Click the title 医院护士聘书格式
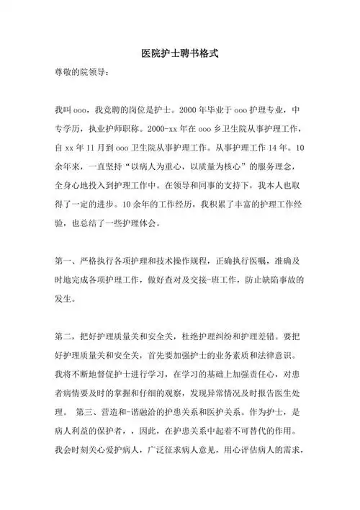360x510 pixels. click(x=179, y=54)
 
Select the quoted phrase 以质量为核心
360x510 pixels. click(x=217, y=167)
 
